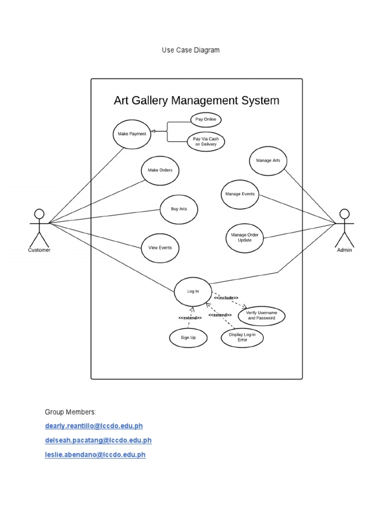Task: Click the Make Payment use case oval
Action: (x=132, y=134)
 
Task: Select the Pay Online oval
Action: (x=206, y=120)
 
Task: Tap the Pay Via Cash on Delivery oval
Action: (x=206, y=142)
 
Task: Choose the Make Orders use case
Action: (x=160, y=170)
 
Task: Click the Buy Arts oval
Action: (x=179, y=209)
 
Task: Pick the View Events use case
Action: (x=160, y=248)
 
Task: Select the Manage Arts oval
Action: (x=268, y=161)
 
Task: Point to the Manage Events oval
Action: (x=240, y=194)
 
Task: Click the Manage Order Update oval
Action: (x=244, y=237)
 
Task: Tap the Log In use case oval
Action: (x=192, y=292)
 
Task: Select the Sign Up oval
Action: (x=188, y=338)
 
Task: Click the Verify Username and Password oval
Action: (x=262, y=315)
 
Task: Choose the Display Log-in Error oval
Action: (x=242, y=338)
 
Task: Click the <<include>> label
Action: (x=226, y=298)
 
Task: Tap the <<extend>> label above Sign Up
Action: (x=190, y=318)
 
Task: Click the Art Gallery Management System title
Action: (x=196, y=100)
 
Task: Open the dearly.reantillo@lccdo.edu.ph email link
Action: (x=94, y=426)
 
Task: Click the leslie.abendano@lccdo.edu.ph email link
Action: (x=95, y=454)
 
